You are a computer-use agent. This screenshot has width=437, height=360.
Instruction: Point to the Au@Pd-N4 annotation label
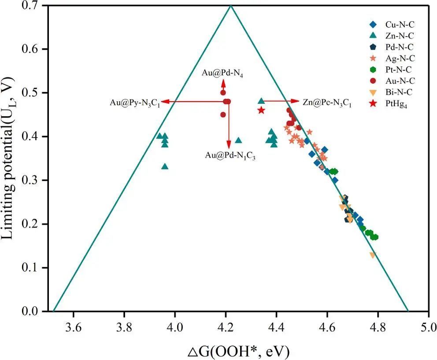(x=223, y=73)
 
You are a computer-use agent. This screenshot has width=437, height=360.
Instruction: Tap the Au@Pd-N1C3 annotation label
(x=230, y=155)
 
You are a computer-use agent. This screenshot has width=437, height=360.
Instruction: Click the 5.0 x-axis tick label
(x=429, y=327)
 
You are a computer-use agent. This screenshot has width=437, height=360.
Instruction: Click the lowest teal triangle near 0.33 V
(x=165, y=166)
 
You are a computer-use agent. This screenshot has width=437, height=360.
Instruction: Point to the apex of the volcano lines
(x=230, y=5)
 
